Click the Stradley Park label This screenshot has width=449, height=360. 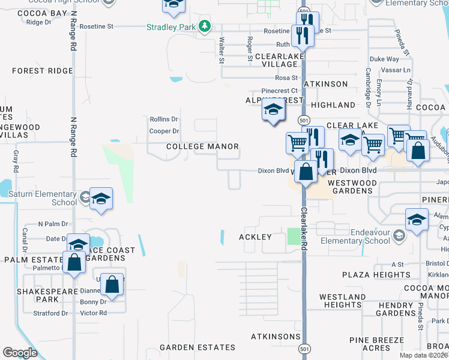click(x=172, y=26)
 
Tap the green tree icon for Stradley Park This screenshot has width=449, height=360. click(x=205, y=26)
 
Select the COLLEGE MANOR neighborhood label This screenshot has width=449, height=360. click(x=202, y=146)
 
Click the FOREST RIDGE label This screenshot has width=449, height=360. click(x=42, y=71)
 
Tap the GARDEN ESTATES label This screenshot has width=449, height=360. click(x=197, y=347)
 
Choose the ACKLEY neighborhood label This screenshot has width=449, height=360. click(x=256, y=237)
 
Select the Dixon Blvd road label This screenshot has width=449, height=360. click(x=274, y=170)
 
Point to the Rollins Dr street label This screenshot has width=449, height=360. click(x=163, y=119)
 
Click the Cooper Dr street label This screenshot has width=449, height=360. click(x=164, y=131)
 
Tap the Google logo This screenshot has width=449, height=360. click(x=20, y=352)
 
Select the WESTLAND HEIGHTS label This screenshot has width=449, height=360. click(x=340, y=301)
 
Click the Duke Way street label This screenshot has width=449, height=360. click(x=384, y=59)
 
